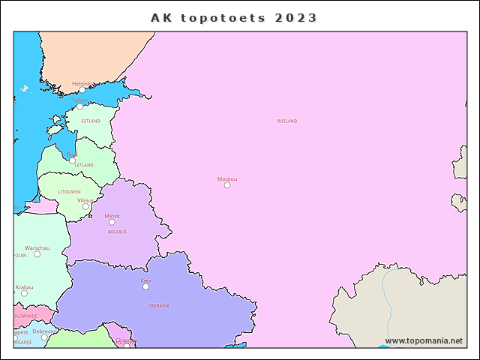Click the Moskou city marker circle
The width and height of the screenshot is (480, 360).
pyautogui.click(x=227, y=185)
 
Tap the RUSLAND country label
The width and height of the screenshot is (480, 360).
pyautogui.click(x=286, y=121)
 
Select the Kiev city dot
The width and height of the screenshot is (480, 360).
pyautogui.click(x=145, y=286)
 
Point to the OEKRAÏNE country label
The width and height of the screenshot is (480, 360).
pyautogui.click(x=158, y=306)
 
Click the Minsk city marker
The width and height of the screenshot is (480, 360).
pyautogui.click(x=112, y=222)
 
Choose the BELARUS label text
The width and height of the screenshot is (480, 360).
pyautogui.click(x=117, y=232)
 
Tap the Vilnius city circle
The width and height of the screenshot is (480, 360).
pyautogui.click(x=85, y=206)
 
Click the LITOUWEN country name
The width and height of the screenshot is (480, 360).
pyautogui.click(x=69, y=192)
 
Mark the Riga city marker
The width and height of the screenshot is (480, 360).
pyautogui.click(x=72, y=160)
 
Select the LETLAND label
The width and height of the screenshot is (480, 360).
pyautogui.click(x=84, y=165)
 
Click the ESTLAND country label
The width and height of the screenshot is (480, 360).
pyautogui.click(x=90, y=121)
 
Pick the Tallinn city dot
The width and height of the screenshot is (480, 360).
pyautogui.click(x=79, y=106)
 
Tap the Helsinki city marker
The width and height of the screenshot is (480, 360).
pyautogui.click(x=82, y=90)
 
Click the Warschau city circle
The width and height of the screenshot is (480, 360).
pyautogui.click(x=37, y=253)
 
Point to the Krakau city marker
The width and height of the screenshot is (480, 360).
pyautogui.click(x=24, y=293)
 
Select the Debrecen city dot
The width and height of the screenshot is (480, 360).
pyautogui.click(x=43, y=337)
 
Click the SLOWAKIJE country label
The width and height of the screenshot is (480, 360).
pyautogui.click(x=25, y=316)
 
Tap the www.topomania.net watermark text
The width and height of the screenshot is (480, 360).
pyautogui.click(x=424, y=340)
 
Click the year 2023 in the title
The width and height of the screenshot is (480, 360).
pyautogui.click(x=295, y=17)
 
